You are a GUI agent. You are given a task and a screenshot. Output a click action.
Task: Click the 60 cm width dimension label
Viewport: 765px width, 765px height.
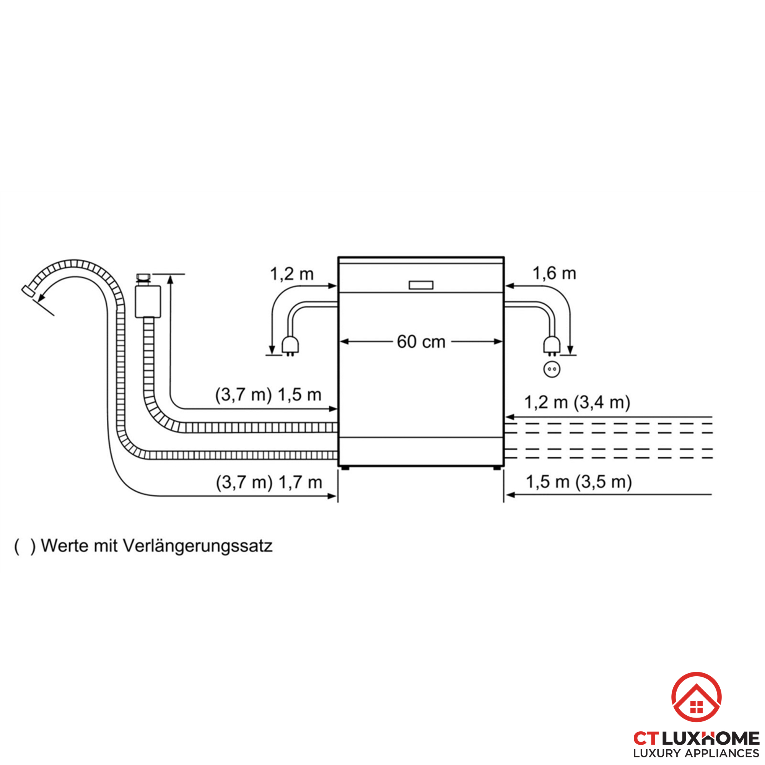point(421,342)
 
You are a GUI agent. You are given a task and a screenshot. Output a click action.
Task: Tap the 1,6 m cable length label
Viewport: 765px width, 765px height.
point(554,273)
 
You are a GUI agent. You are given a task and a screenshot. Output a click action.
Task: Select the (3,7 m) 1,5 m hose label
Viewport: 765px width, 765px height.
point(268,395)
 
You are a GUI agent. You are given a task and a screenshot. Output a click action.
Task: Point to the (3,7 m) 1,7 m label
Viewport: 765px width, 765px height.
point(269,483)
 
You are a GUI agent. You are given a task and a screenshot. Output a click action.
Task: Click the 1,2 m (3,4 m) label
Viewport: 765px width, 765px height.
point(577,402)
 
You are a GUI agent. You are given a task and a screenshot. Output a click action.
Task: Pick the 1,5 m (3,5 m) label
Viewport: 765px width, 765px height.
point(578,482)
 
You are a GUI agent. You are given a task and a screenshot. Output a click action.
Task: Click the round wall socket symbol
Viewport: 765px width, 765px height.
point(552,369)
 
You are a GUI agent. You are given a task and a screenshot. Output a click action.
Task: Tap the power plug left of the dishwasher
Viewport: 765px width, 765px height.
point(290,346)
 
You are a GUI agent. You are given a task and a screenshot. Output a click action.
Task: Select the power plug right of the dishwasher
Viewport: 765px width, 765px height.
point(552,346)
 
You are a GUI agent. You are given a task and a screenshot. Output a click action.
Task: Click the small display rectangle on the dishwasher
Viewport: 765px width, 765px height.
point(421,285)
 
